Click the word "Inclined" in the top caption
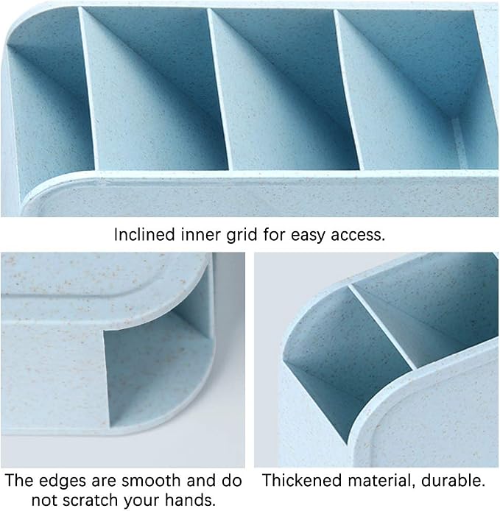pos(144,234)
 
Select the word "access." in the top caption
pos(358,235)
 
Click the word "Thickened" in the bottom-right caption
pos(302,481)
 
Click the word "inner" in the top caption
pos(201,235)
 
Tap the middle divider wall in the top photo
pos(219,88)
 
